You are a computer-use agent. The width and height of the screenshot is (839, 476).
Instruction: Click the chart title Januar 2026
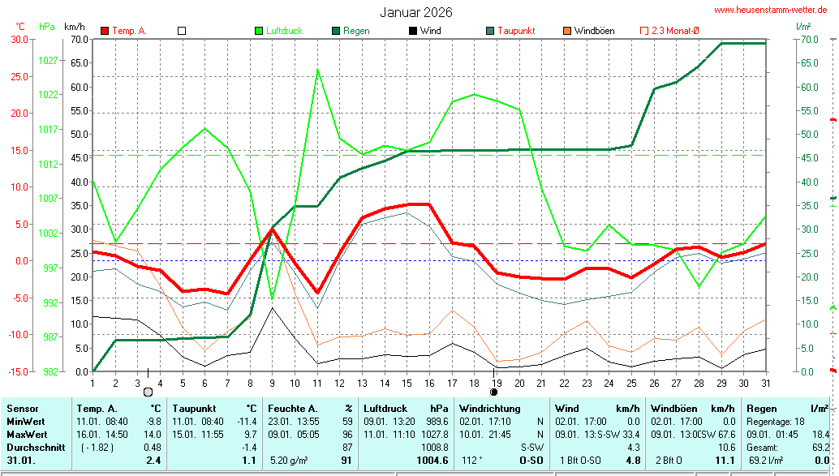(416, 12)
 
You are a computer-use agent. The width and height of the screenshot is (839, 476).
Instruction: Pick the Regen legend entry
(356, 31)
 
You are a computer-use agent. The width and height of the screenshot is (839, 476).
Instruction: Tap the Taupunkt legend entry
(516, 31)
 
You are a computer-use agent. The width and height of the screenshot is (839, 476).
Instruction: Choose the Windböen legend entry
(594, 31)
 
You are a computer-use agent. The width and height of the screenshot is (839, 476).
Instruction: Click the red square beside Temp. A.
(105, 31)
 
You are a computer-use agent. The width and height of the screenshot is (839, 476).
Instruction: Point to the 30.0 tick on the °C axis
(19, 39)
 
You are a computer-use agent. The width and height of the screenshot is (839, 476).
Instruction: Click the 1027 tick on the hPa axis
(48, 60)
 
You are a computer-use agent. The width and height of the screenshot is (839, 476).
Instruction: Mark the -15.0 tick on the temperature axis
(19, 371)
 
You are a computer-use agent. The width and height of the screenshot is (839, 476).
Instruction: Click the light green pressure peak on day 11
(317, 69)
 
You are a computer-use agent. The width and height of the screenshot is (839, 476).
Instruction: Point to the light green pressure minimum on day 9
(272, 300)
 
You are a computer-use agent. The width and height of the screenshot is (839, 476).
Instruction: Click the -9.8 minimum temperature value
(153, 422)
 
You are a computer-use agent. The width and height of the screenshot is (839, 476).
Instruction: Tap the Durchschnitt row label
(32, 447)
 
